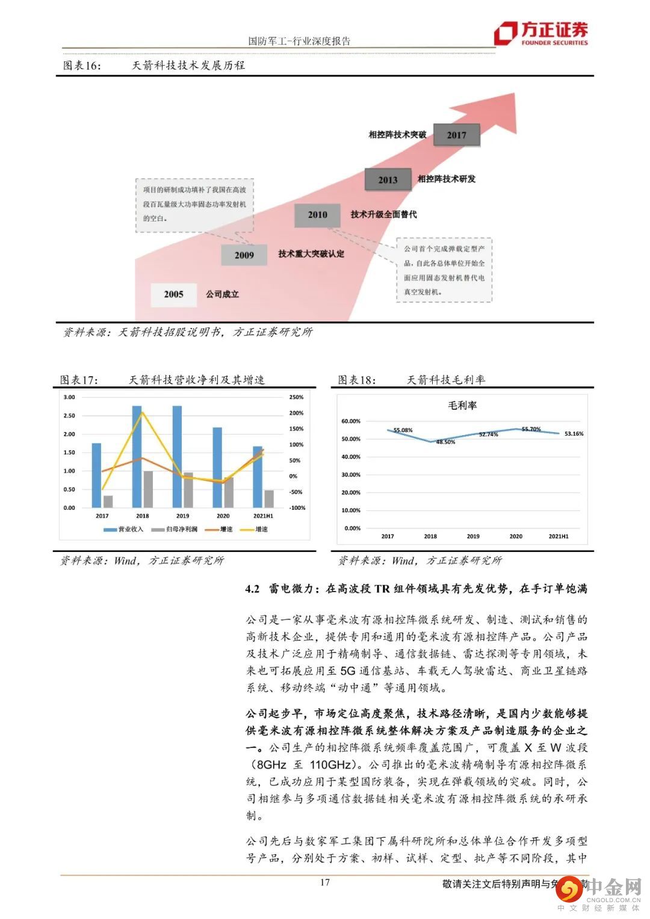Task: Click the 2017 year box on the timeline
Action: pos(456,135)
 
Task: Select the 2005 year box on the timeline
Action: pos(173,294)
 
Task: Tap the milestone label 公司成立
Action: pos(222,294)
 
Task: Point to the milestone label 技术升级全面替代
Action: pos(383,214)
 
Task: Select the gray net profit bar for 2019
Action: pos(188,490)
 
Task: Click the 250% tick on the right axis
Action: pos(296,397)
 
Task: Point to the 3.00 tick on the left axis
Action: pos(69,397)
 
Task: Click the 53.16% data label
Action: pos(574,433)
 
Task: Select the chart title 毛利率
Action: pos(462,406)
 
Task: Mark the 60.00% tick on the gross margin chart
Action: pos(350,421)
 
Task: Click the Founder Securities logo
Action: pos(540,33)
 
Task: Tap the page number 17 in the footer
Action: pos(324,882)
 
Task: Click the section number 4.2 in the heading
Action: pos(252,589)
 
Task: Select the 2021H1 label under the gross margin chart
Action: pos(558,536)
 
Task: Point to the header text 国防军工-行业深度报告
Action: pos(299,41)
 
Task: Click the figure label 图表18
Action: pos(356,380)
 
